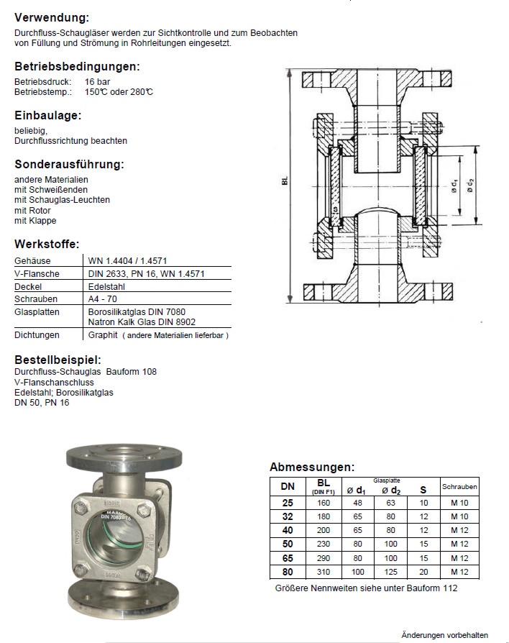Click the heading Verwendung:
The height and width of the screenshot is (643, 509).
[x=52, y=17]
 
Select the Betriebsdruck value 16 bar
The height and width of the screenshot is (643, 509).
[x=98, y=82]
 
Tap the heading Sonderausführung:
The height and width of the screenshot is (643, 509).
[x=69, y=164]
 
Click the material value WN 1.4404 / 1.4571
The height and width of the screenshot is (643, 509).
[x=128, y=261]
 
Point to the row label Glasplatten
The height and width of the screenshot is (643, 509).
[x=37, y=311]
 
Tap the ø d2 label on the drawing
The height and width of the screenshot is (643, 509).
[x=470, y=185]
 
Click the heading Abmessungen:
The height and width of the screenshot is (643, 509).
[x=312, y=467]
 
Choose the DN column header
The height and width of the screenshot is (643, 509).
[x=287, y=487]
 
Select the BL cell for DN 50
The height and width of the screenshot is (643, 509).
[x=323, y=544]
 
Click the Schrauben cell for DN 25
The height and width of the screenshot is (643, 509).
[x=459, y=503]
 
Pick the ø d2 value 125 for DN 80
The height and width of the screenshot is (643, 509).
[x=390, y=573]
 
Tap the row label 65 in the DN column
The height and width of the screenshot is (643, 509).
[x=287, y=559]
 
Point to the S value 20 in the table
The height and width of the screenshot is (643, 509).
[x=423, y=573]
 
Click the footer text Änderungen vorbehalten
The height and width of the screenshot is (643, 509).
[x=444, y=635]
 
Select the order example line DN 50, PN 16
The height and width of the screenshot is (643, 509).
[x=42, y=403]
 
